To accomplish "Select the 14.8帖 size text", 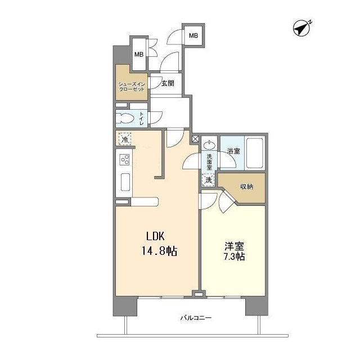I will (160, 251).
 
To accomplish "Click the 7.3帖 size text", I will (233, 256).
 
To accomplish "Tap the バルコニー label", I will (196, 318).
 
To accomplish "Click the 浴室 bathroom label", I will (233, 151).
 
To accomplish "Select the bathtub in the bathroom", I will (255, 152).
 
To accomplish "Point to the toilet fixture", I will (127, 118).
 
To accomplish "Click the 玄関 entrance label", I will (168, 83).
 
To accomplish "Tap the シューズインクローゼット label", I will (131, 86).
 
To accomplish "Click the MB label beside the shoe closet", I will (138, 55).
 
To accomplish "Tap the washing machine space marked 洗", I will (209, 180).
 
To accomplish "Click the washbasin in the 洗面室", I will (209, 145).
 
